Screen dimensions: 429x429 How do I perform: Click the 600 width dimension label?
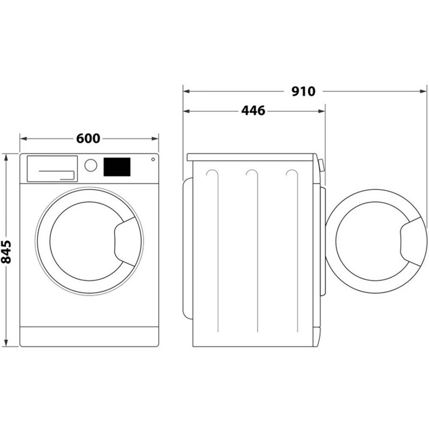tap(88, 138)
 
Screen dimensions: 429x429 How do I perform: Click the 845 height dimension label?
tap(6, 252)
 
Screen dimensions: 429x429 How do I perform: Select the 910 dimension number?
tap(304, 91)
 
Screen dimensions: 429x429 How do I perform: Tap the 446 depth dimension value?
tap(253, 111)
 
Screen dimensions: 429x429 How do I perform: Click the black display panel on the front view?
tap(117, 167)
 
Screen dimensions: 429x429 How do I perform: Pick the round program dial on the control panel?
tap(91, 165)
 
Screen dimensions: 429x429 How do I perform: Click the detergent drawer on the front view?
tap(52, 168)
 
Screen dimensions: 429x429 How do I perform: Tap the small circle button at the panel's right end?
tap(153, 159)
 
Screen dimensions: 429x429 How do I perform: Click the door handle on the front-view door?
tap(124, 241)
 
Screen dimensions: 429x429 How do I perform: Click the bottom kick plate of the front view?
tap(89, 336)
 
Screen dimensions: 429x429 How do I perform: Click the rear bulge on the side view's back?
tap(188, 248)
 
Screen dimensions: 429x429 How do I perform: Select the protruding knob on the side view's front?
tap(321, 166)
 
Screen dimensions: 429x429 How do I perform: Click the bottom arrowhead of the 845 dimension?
tap(6, 343)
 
